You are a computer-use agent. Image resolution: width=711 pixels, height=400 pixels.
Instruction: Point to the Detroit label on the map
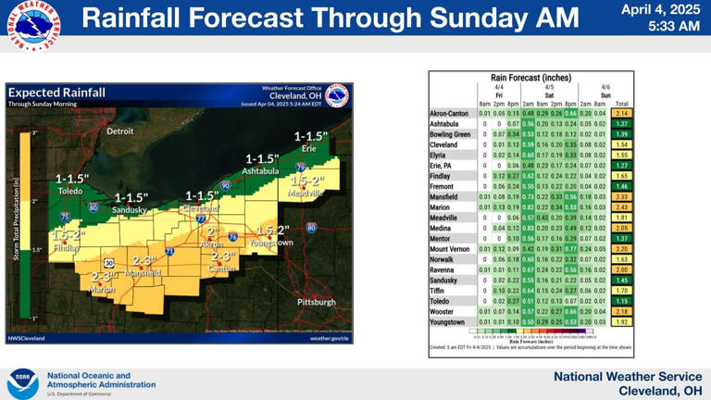(120, 131)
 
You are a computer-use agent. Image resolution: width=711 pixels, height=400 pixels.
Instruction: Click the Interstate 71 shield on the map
(169, 250)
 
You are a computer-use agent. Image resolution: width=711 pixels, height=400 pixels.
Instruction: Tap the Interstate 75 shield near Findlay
(64, 217)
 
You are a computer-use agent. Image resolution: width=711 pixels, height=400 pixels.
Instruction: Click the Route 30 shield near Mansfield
(109, 264)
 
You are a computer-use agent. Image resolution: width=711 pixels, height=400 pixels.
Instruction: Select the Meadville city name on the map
(306, 194)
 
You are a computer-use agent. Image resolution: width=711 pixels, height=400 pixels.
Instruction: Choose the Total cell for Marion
(621, 206)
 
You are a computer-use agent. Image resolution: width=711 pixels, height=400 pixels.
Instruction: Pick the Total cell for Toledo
(621, 300)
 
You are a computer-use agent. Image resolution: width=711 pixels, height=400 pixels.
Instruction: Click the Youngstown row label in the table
(450, 321)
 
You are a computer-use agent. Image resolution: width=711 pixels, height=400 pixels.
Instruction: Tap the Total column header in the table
(621, 104)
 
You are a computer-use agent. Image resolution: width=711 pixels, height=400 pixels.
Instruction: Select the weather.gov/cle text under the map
(330, 338)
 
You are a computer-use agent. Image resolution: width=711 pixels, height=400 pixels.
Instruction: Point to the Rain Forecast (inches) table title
(530, 79)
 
